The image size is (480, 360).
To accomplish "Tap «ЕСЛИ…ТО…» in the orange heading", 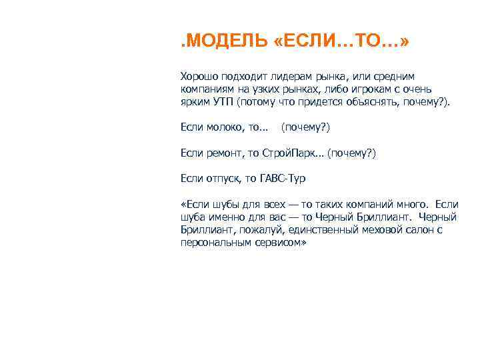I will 341,43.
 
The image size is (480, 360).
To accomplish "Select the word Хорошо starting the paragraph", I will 198,77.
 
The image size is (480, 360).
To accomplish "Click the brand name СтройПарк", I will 289,153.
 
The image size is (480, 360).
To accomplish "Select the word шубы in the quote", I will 227,203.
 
